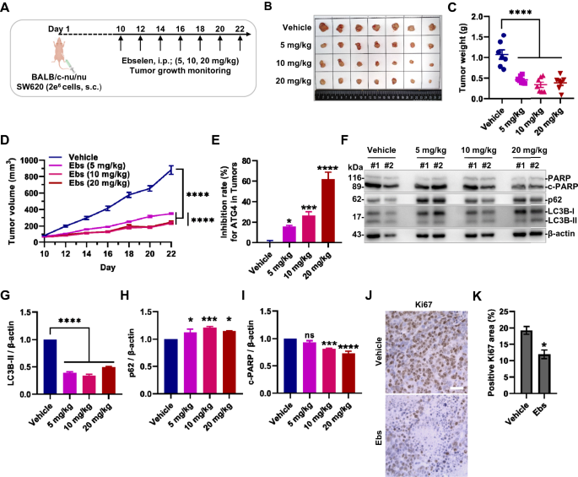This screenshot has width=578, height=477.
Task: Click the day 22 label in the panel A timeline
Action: [x=240, y=30]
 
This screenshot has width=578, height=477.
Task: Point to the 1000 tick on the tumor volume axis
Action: [x=36, y=160]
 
